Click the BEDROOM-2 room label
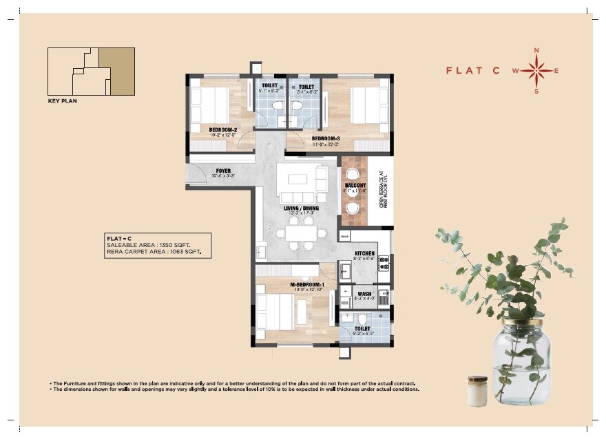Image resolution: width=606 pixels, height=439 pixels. pyautogui.click(x=223, y=129)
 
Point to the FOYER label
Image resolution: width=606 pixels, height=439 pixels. pyautogui.click(x=223, y=171)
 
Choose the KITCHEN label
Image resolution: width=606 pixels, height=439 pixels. pyautogui.click(x=364, y=254)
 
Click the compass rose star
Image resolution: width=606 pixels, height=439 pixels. pyautogui.click(x=537, y=70)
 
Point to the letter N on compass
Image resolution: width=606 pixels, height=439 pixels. pyautogui.click(x=537, y=51)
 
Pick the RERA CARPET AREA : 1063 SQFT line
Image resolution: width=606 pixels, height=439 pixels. pyautogui.click(x=158, y=253)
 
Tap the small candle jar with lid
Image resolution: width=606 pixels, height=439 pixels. pyautogui.click(x=477, y=390)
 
